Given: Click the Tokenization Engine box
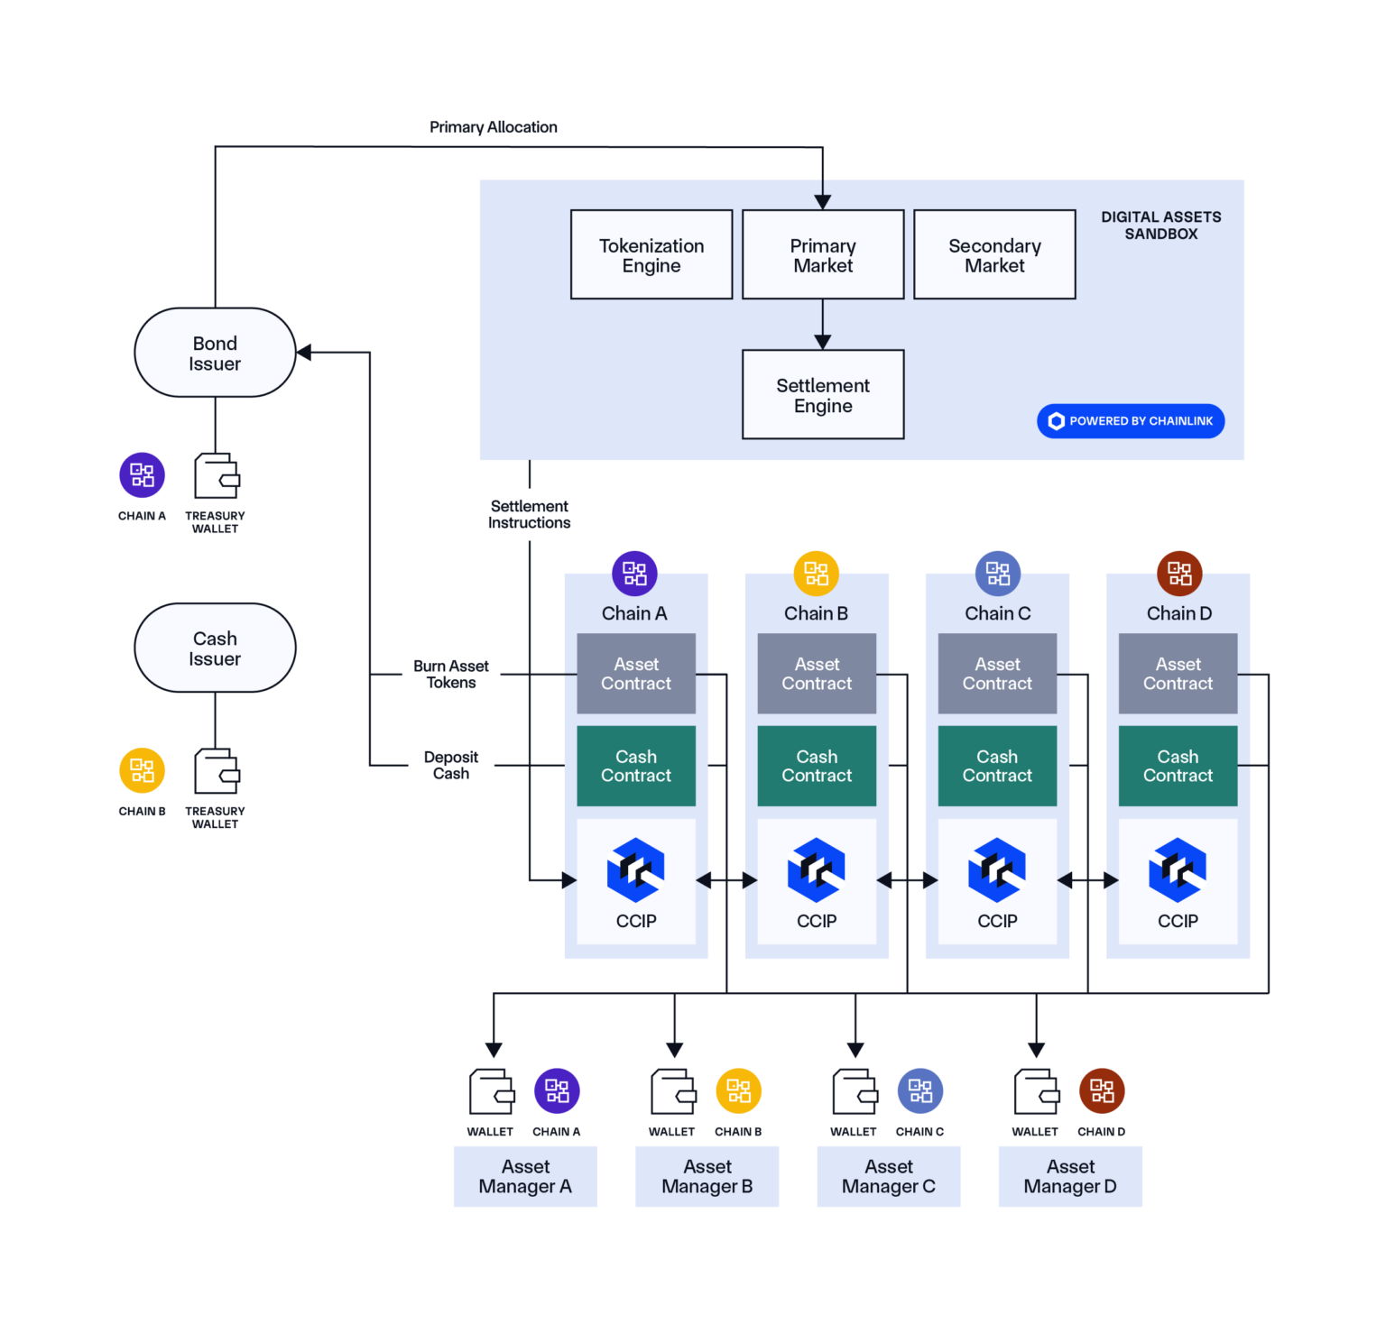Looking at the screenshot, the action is (651, 255).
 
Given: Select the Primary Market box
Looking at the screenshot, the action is (823, 255).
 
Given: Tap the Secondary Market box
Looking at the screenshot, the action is (994, 255).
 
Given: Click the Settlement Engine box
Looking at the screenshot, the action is (823, 395).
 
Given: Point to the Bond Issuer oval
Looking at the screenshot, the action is (215, 353).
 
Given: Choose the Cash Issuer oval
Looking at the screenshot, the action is (215, 648).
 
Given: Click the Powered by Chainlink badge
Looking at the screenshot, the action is (1131, 421).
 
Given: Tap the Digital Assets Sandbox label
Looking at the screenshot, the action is (1160, 225).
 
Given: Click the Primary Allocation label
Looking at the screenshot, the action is (493, 127).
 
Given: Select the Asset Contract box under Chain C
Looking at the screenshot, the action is (997, 674).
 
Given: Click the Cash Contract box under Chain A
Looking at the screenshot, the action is (636, 766).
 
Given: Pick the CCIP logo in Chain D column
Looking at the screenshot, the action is (1178, 870).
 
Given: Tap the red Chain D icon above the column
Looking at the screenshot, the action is (1179, 574).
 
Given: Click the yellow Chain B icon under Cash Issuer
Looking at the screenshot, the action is (143, 770).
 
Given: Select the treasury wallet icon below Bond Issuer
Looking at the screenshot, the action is (217, 476).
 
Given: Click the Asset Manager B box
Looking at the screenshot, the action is (707, 1177).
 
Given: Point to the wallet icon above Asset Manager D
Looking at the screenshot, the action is (1036, 1092).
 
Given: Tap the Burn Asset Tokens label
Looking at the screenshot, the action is (450, 675).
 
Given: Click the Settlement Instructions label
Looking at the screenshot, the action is (529, 514).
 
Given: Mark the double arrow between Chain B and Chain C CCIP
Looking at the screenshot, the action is (907, 880).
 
